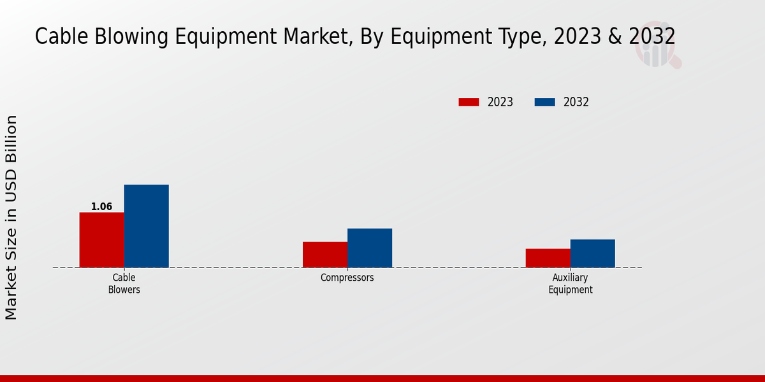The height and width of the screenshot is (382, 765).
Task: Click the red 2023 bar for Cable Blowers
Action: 101,239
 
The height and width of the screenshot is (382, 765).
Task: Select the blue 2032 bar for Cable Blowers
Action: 146,226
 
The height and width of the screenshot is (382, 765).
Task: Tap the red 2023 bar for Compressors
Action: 325,255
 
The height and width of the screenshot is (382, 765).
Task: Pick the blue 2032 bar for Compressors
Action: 370,248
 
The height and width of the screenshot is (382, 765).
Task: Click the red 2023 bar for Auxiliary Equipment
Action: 548,258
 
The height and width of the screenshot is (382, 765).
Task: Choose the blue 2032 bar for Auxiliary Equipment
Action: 593,253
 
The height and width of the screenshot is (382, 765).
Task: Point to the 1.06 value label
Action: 101,207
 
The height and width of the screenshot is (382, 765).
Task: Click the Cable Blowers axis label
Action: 124,283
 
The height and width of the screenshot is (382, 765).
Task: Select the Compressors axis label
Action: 347,278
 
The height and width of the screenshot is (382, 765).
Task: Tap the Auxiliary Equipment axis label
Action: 570,283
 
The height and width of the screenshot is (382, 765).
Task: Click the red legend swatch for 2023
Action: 469,102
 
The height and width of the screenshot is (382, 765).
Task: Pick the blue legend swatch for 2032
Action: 544,102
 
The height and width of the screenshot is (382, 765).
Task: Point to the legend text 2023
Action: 500,102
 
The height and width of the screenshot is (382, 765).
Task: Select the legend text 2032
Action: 576,102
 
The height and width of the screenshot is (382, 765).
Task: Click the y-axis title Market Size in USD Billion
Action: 11,217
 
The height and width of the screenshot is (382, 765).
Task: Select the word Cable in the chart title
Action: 56,37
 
